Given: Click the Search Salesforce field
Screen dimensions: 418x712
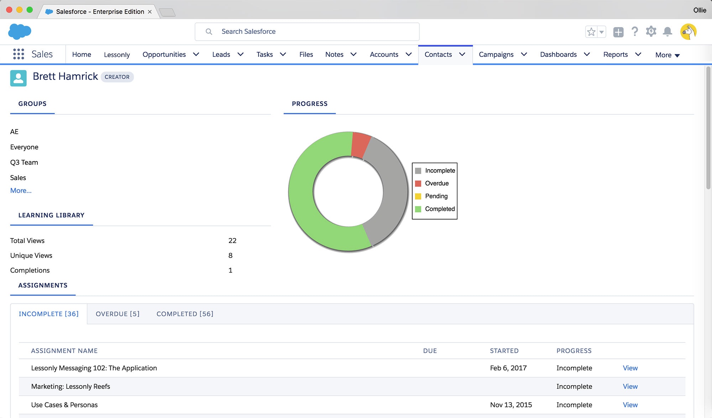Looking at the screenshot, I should pyautogui.click(x=307, y=32).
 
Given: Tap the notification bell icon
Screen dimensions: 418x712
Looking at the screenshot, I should pyautogui.click(x=667, y=32).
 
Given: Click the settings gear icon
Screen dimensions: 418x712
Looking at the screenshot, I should pyautogui.click(x=651, y=31).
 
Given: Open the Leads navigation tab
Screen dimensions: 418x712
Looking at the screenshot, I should pyautogui.click(x=221, y=55).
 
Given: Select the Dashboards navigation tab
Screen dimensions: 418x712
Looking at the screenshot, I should pyautogui.click(x=558, y=55).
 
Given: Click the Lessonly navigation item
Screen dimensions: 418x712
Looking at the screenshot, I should pyautogui.click(x=117, y=55).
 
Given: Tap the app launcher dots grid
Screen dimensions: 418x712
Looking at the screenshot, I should pyautogui.click(x=19, y=54).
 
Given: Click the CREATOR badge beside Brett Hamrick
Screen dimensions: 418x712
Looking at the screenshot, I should pyautogui.click(x=117, y=77).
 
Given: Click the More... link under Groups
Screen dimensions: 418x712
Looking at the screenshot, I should pyautogui.click(x=21, y=191).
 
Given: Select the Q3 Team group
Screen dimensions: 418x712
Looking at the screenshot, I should pyautogui.click(x=24, y=162).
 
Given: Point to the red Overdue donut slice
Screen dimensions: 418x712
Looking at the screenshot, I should pyautogui.click(x=361, y=144).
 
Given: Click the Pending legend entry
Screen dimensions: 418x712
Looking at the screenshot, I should pyautogui.click(x=436, y=196).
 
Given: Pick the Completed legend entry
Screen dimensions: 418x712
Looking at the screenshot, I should pyautogui.click(x=440, y=209).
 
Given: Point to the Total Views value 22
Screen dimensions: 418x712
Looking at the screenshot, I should pyautogui.click(x=232, y=241).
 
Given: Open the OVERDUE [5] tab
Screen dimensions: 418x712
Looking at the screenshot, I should pyautogui.click(x=117, y=314).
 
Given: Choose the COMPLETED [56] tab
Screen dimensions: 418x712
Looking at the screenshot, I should pyautogui.click(x=185, y=314).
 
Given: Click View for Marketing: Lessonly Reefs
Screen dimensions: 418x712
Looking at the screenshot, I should pyautogui.click(x=630, y=387).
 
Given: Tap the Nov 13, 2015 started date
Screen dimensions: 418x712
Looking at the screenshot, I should pyautogui.click(x=511, y=405).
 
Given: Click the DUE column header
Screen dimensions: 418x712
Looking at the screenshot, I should pyautogui.click(x=430, y=351).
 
